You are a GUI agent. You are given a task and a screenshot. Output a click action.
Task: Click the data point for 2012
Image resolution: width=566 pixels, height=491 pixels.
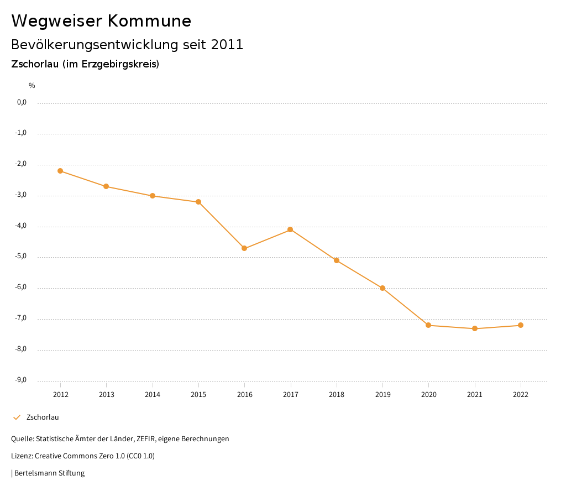click(x=60, y=171)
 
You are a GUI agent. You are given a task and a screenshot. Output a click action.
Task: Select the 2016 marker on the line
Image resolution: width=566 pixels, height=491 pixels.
click(x=244, y=248)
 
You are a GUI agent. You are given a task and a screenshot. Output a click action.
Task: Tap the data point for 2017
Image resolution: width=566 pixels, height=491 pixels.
click(x=290, y=229)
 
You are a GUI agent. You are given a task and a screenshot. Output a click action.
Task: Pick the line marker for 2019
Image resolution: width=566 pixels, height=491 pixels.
click(x=382, y=288)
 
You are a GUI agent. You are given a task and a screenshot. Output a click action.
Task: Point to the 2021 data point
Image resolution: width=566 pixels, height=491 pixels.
click(x=475, y=329)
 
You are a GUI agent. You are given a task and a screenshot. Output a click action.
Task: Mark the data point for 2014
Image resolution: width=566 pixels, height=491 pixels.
click(x=153, y=196)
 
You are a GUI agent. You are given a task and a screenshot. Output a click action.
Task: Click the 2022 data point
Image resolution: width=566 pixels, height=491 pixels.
click(x=521, y=325)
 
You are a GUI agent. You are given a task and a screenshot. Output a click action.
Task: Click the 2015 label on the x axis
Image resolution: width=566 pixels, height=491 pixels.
click(x=198, y=395)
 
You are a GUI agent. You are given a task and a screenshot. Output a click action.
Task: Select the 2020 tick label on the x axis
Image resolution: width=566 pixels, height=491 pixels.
click(x=429, y=395)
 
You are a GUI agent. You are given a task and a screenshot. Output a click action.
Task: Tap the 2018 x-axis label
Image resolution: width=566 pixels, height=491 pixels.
click(x=337, y=395)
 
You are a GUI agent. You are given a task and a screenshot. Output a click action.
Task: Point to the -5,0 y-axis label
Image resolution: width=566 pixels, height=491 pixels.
click(x=22, y=257)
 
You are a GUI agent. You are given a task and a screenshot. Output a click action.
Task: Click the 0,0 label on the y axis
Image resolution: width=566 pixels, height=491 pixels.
click(x=22, y=102)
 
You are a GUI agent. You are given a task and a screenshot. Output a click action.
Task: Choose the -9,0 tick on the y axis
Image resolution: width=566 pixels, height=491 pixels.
click(x=22, y=380)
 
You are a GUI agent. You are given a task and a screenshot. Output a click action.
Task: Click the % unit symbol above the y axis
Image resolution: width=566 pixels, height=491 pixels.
click(x=32, y=86)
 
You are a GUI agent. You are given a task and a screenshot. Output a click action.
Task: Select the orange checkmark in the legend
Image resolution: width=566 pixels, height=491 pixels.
click(x=17, y=417)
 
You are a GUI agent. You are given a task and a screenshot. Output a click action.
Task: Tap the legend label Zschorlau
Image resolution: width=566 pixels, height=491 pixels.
click(x=43, y=417)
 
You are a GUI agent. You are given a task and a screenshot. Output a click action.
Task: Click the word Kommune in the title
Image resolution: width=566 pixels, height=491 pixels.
click(x=149, y=21)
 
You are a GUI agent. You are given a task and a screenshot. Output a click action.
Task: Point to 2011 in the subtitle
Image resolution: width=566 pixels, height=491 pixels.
click(x=227, y=45)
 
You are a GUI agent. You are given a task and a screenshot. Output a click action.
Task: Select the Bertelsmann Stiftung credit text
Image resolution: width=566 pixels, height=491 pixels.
click(x=49, y=473)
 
